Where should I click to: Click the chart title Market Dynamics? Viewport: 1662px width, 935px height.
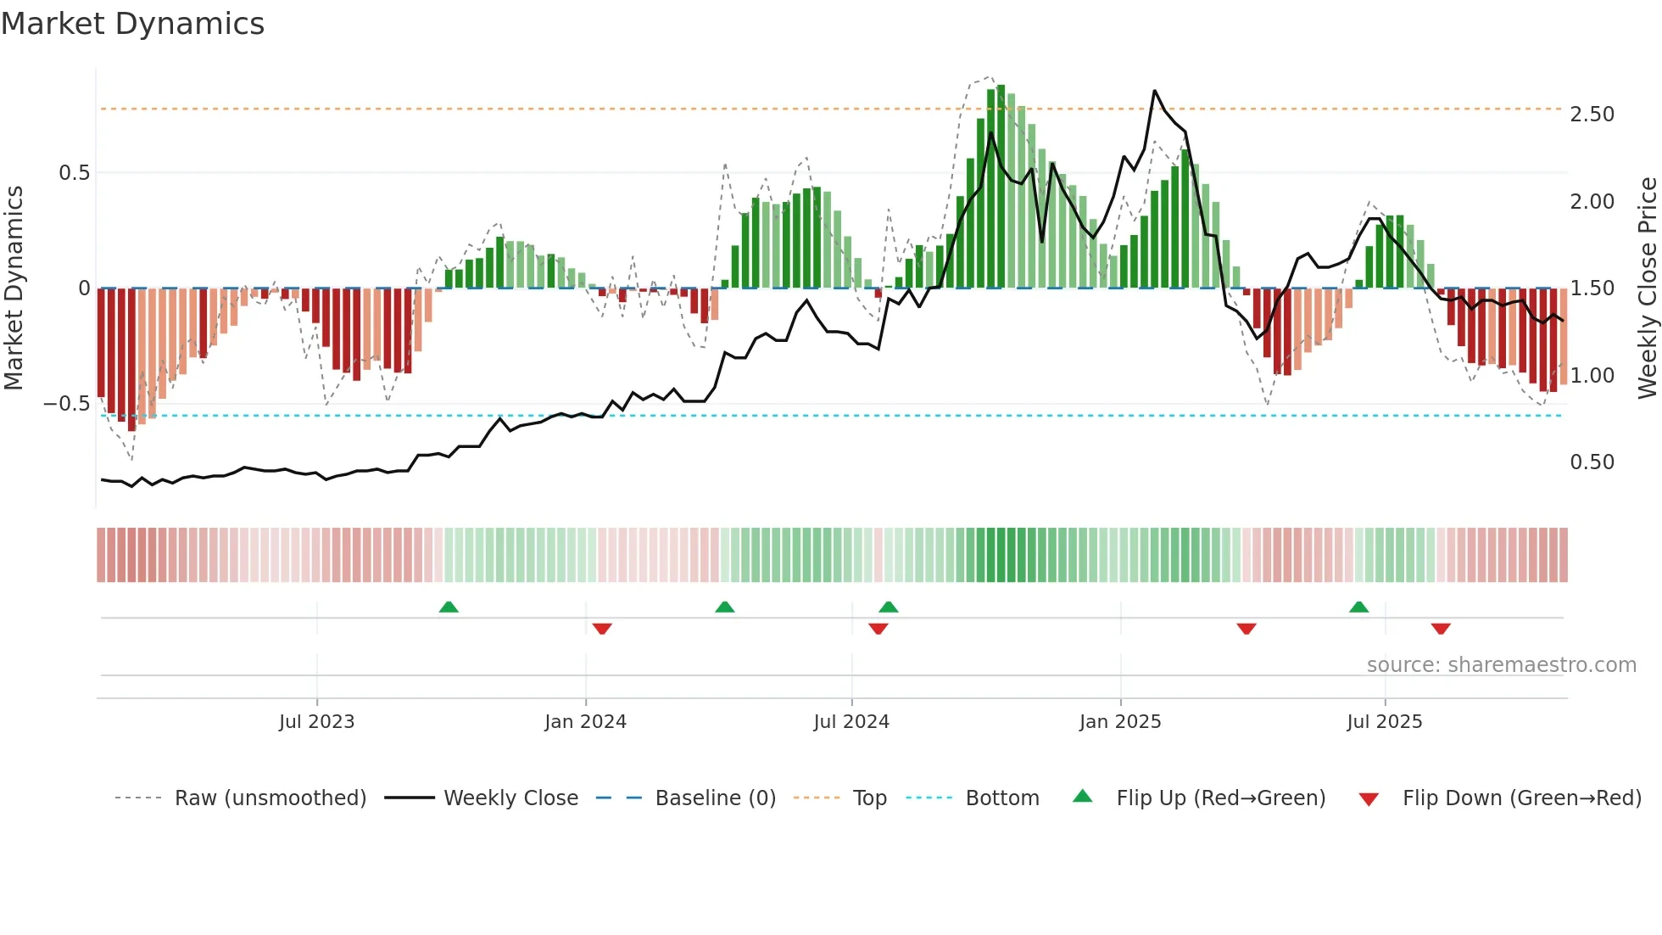coord(132,24)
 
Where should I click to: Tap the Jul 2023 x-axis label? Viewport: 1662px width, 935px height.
coord(316,722)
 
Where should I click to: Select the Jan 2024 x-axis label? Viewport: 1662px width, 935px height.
coord(585,722)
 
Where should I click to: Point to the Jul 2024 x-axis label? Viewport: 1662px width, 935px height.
coord(851,722)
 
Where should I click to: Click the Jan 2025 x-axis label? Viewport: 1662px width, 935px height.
coord(1120,722)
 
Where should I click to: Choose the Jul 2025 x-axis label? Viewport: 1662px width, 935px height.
coord(1385,722)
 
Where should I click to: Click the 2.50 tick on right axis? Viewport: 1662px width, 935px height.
coord(1592,115)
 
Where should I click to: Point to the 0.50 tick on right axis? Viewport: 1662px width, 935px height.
coord(1592,462)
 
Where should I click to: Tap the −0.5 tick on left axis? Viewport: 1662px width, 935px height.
coord(66,404)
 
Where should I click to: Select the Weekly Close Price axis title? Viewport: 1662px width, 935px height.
coord(1647,288)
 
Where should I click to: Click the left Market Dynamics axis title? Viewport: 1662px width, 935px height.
coord(14,288)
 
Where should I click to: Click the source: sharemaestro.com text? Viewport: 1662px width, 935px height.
coord(1501,665)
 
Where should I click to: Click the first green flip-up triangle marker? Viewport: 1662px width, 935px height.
coord(449,607)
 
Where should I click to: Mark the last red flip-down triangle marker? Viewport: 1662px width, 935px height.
coord(1441,629)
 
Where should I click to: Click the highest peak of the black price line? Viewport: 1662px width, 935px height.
coord(1154,91)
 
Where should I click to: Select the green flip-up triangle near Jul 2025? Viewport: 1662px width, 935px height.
coord(1358,607)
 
